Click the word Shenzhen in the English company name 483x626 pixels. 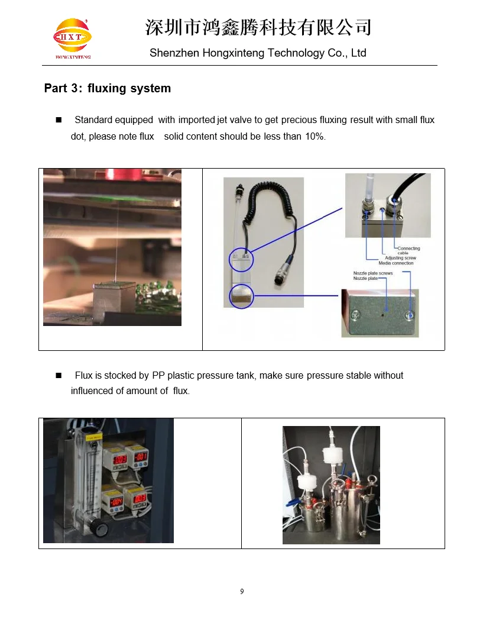(x=174, y=53)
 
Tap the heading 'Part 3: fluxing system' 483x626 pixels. (x=108, y=89)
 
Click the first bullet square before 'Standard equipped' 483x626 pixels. (x=59, y=120)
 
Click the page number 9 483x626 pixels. (x=242, y=592)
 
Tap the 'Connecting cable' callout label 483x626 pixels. (x=408, y=250)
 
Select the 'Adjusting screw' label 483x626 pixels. (x=400, y=258)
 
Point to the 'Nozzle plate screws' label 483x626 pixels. (x=372, y=273)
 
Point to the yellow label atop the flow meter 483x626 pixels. (x=94, y=437)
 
